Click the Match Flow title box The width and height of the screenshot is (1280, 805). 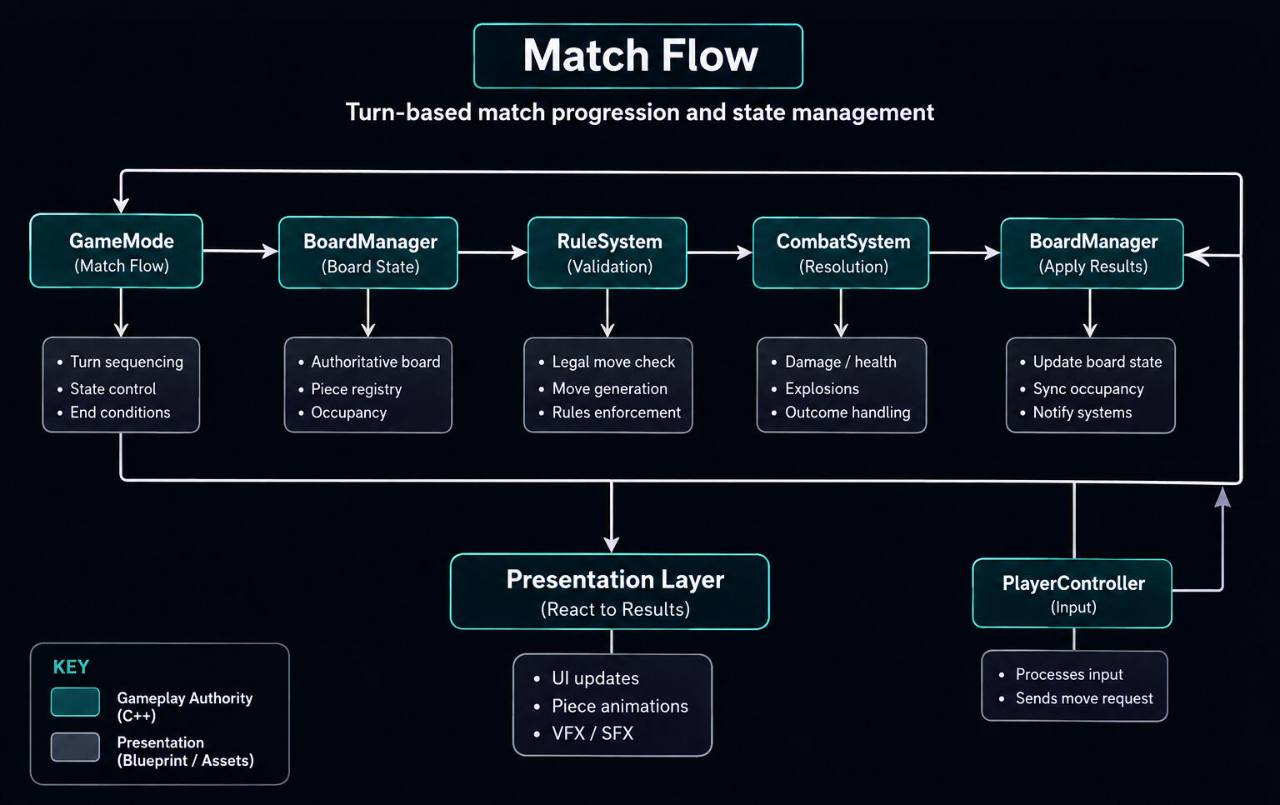(x=638, y=56)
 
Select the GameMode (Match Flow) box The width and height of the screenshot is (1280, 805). (x=117, y=251)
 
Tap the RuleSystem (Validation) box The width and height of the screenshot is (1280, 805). (x=607, y=252)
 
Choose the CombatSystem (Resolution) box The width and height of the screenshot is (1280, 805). (x=841, y=252)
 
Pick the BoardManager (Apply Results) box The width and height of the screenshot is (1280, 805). (x=1092, y=253)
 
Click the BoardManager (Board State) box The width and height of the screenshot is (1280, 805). (x=368, y=252)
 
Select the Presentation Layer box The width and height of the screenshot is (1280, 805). (x=610, y=592)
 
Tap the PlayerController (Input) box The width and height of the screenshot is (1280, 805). (x=1072, y=593)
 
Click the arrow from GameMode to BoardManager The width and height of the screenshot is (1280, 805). (x=241, y=251)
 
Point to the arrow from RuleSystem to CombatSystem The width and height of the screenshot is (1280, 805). (x=720, y=252)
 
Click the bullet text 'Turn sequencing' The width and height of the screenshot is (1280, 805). (x=127, y=362)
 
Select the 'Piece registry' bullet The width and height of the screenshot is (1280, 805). (x=357, y=389)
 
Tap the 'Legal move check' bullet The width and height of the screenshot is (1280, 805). (x=613, y=362)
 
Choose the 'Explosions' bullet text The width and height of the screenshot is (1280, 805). (x=822, y=388)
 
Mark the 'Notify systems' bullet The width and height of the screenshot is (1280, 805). (x=1082, y=412)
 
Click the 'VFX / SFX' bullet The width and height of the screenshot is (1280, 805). (x=592, y=733)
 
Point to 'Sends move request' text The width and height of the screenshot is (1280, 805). (x=1084, y=698)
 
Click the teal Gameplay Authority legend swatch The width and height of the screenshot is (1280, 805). (x=75, y=702)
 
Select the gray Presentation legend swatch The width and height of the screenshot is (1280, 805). (x=75, y=747)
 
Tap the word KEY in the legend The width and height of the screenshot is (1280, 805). (x=71, y=667)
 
